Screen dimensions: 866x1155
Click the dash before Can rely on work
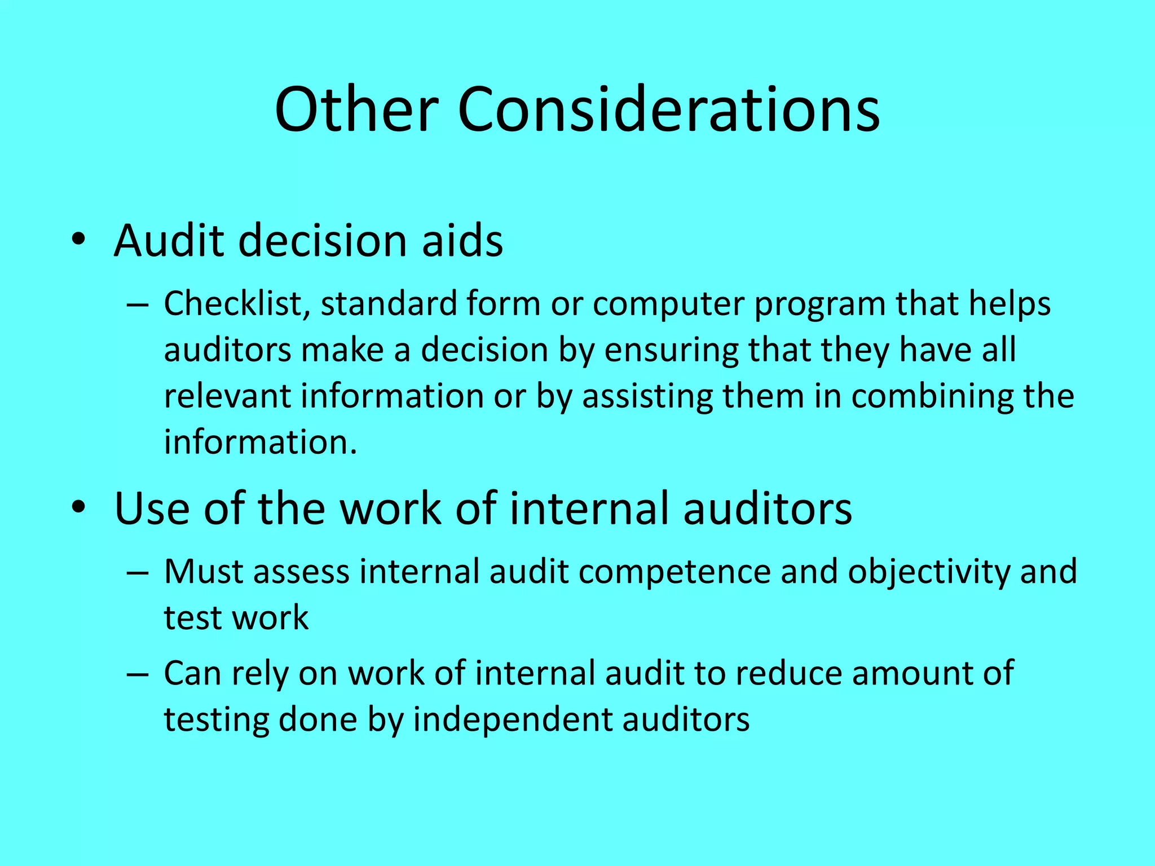tap(138, 674)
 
